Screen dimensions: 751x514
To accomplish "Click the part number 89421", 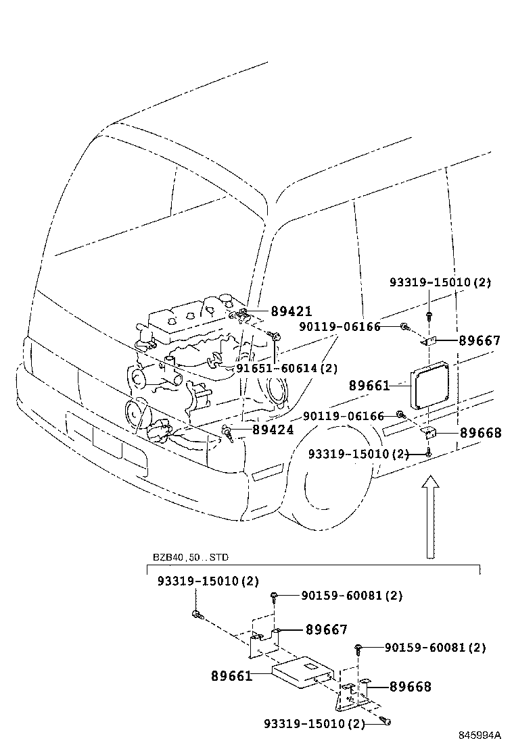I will click(291, 312).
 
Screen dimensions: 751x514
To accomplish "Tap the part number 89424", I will click(273, 430).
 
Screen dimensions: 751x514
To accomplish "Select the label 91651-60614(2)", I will click(286, 369).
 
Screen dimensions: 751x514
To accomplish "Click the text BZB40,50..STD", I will click(191, 558).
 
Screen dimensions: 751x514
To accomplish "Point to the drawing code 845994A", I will click(480, 735).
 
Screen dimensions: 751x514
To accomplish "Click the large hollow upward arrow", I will click(429, 517).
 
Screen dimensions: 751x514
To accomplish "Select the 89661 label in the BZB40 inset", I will click(231, 675).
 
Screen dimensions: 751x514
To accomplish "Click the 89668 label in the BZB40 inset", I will click(411, 688).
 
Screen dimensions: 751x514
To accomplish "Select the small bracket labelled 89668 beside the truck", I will click(428, 431).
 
